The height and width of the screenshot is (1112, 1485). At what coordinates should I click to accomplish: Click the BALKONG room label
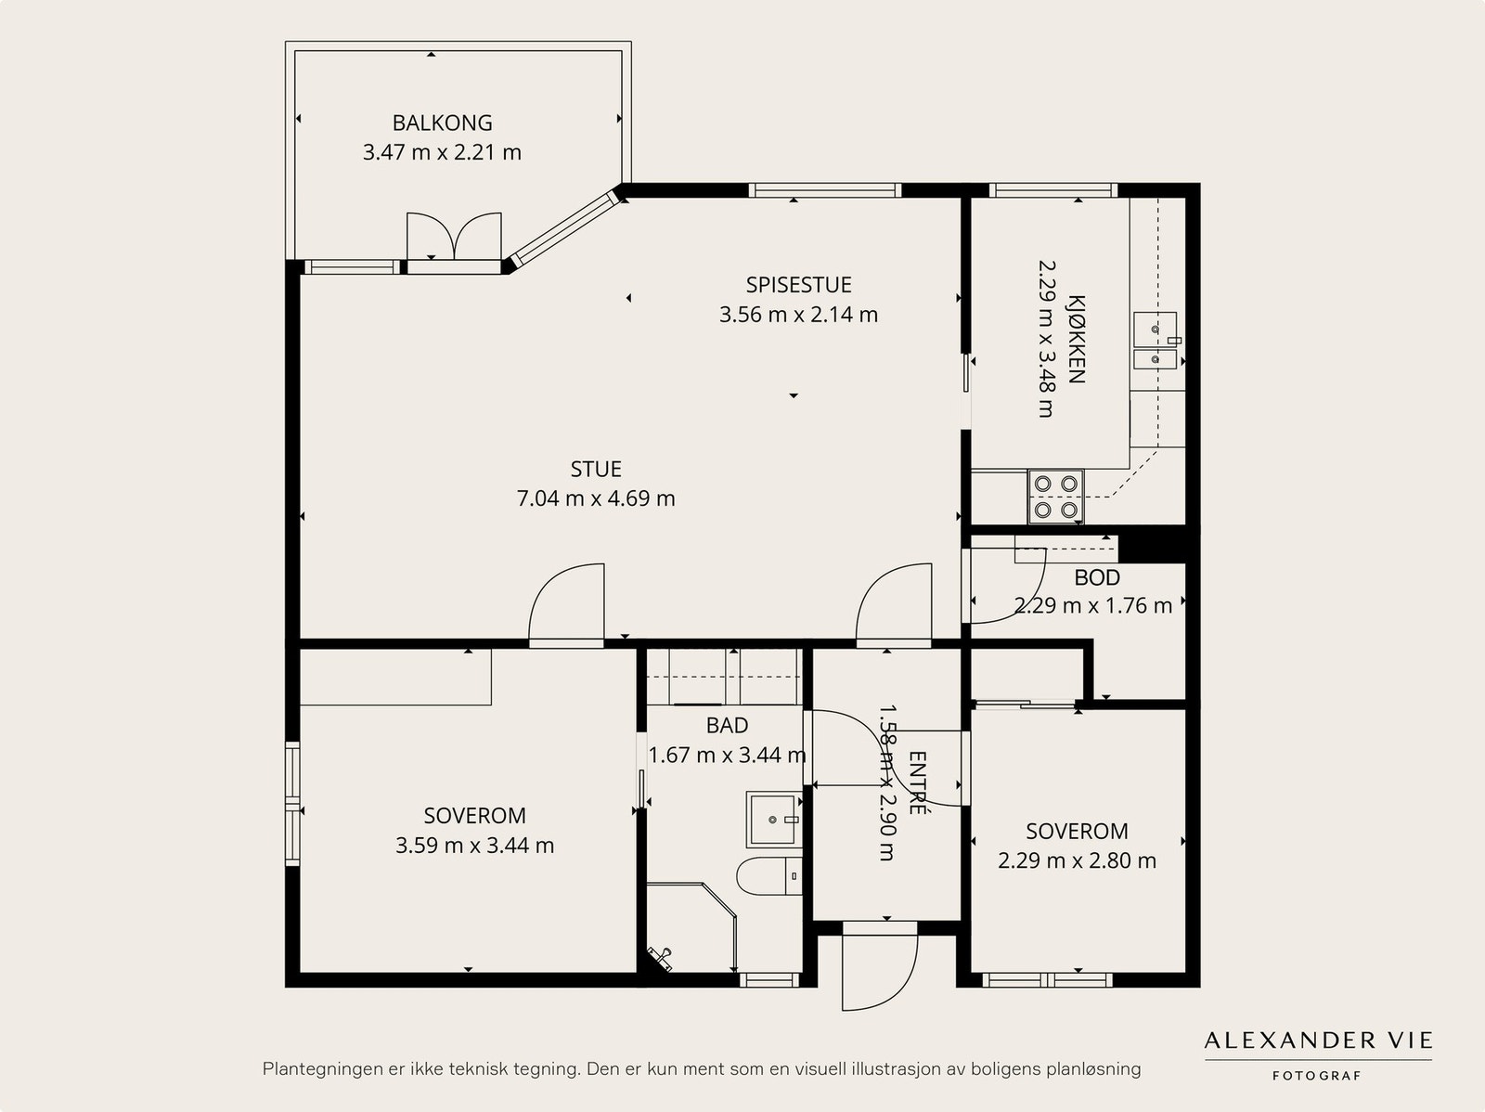pos(442,123)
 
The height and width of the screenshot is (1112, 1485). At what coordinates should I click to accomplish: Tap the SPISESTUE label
pos(798,285)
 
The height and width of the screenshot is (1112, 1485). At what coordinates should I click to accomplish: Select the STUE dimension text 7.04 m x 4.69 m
pos(595,498)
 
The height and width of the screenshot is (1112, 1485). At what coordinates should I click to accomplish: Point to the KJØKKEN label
pos(1077,339)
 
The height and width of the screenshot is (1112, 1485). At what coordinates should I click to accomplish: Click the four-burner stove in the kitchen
pos(1056,497)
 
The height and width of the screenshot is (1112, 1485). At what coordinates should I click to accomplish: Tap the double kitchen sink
pos(1155,341)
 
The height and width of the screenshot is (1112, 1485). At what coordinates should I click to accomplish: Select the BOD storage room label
pos(1097,577)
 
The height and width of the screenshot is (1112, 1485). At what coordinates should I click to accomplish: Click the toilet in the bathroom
pos(768,876)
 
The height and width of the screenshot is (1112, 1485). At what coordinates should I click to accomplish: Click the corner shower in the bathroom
pos(691,927)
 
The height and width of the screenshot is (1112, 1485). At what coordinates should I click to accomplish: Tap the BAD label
pos(727,725)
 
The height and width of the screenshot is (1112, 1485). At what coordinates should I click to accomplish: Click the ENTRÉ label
pos(917,782)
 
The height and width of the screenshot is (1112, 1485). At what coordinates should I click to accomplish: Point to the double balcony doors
pos(454,236)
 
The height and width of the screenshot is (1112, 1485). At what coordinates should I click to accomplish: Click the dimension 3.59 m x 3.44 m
pos(474,846)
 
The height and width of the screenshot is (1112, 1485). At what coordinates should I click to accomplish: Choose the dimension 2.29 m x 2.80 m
pos(1077,860)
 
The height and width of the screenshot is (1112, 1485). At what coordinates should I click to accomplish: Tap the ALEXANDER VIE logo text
pos(1318,1041)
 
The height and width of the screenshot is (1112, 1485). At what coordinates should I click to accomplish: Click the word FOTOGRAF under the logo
pos(1316,1076)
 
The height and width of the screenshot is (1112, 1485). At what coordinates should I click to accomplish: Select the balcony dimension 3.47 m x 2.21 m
pos(442,152)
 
